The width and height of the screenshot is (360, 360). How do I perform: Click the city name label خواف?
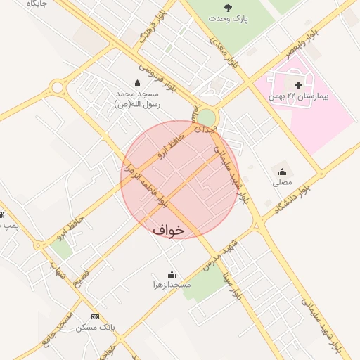[168, 229]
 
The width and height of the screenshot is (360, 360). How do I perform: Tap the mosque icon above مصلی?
[283, 172]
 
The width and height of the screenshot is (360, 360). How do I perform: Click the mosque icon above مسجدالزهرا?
[172, 274]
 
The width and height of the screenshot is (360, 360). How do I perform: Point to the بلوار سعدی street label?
[229, 55]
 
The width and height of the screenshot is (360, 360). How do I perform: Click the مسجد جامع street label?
[57, 327]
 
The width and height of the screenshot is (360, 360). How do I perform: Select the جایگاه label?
[35, 4]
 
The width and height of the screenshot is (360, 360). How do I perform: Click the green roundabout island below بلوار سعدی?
[207, 117]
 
